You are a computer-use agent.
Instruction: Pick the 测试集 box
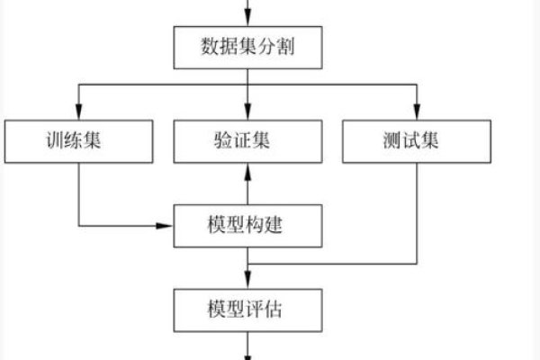(416, 141)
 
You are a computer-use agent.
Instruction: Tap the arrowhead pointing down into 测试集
(416, 113)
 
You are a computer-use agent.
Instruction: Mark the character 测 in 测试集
(396, 141)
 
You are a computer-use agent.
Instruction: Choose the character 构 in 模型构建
(256, 225)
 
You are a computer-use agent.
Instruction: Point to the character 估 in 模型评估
(276, 309)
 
